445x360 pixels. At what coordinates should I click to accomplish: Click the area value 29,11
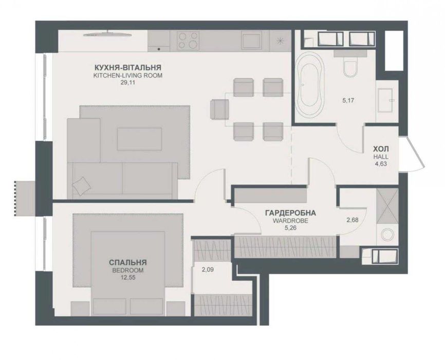pos(128,83)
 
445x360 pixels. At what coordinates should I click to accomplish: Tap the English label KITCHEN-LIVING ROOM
pos(128,76)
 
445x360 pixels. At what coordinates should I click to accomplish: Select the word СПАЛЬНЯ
pos(128,262)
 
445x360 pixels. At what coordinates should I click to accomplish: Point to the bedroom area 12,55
pos(128,277)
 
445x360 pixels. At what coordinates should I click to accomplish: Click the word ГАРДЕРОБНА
pos(290,213)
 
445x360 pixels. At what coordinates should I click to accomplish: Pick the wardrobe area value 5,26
pos(290,228)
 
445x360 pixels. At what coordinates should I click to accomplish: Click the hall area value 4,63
pos(381,164)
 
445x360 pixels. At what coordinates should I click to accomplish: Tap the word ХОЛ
pos(381,149)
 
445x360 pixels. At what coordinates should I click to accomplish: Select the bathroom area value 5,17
pos(348,100)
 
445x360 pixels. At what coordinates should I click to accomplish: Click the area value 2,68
pos(352,220)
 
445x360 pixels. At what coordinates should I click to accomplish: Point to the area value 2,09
pos(208,269)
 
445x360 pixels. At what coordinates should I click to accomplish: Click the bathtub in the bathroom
pos(310,84)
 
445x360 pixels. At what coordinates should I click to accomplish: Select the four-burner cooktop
pos(188,40)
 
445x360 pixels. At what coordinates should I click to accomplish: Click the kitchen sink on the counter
pos(251,41)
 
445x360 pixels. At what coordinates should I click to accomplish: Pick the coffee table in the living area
pos(140,139)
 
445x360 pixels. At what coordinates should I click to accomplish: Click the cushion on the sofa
pos(82,186)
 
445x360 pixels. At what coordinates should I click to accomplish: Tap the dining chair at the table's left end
pos(219,110)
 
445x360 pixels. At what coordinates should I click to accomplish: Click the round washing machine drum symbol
pos(387,235)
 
